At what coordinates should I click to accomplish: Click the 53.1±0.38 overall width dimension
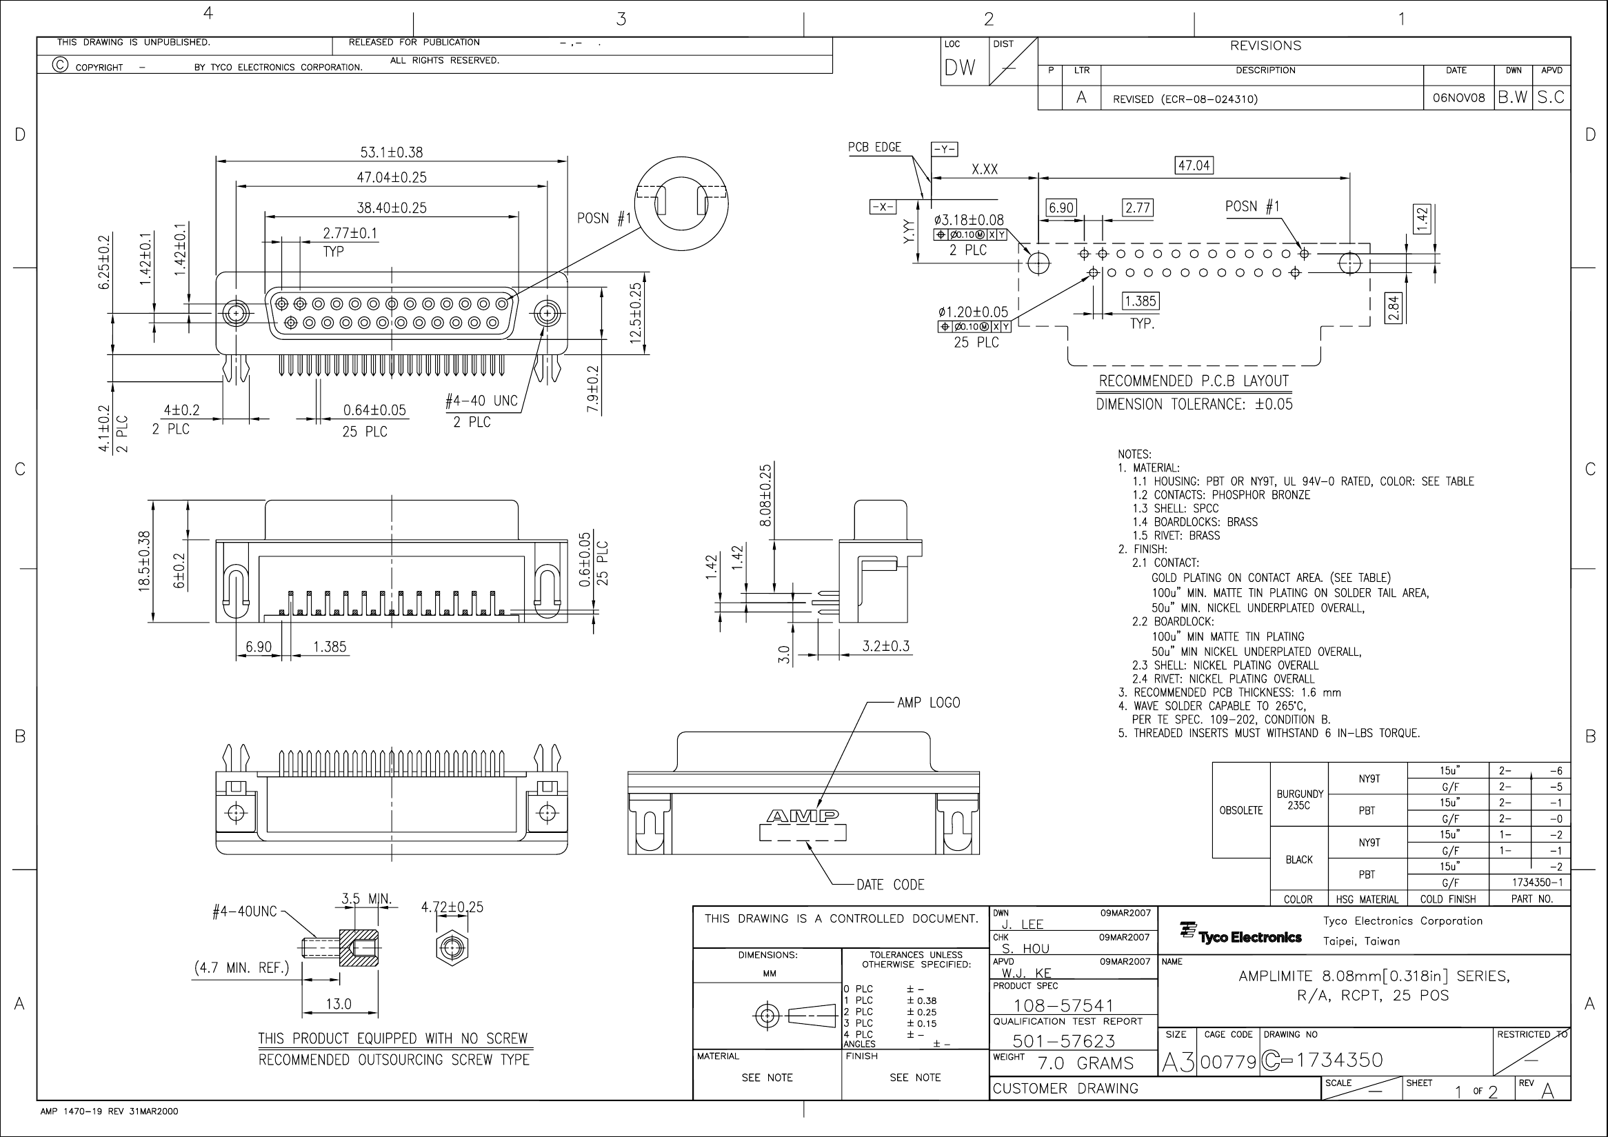click(392, 152)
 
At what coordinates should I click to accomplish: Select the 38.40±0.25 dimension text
click(392, 208)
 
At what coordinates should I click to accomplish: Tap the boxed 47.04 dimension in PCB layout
click(1194, 165)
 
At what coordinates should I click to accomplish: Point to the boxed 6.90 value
click(1061, 208)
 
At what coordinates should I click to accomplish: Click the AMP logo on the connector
click(803, 816)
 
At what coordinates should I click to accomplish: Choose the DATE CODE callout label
click(890, 885)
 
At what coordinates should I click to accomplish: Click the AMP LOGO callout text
click(929, 702)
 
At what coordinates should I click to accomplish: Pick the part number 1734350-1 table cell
click(1531, 883)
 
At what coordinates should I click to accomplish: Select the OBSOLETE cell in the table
click(1241, 810)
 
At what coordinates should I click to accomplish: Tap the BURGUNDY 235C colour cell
click(1299, 800)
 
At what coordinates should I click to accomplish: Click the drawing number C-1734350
click(1322, 1060)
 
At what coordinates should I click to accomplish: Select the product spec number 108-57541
click(1063, 1005)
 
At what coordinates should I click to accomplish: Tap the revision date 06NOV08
click(1459, 98)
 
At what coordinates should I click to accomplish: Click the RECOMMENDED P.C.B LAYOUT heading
click(1194, 381)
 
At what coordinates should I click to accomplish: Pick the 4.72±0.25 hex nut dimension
click(452, 907)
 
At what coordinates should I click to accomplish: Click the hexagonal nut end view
click(452, 949)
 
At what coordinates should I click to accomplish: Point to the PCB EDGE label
click(874, 147)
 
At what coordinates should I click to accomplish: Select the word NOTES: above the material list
click(1134, 454)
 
